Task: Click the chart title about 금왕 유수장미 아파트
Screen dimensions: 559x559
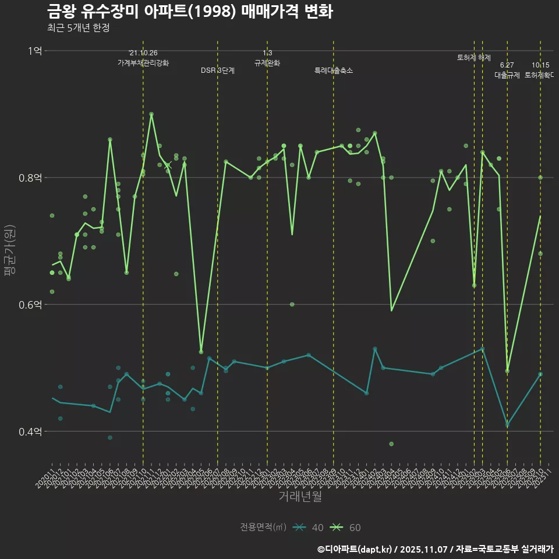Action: pos(189,11)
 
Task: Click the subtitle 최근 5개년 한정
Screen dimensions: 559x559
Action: pos(78,27)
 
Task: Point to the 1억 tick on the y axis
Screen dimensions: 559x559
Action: pos(34,51)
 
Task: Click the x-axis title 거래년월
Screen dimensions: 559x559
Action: pos(300,497)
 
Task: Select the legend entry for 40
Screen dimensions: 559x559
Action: pos(309,528)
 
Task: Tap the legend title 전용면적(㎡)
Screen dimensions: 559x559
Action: pos(263,528)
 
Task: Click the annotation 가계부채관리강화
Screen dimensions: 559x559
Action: pos(143,63)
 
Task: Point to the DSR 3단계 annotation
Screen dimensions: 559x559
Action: pos(218,70)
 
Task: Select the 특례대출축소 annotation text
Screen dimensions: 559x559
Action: pos(334,70)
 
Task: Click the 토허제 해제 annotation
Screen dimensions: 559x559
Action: pos(474,58)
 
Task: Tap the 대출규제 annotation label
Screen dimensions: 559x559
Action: pos(507,75)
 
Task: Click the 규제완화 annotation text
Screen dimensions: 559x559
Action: pos(267,63)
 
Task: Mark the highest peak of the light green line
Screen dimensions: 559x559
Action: pos(151,114)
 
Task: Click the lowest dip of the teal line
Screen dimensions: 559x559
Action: pos(507,424)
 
